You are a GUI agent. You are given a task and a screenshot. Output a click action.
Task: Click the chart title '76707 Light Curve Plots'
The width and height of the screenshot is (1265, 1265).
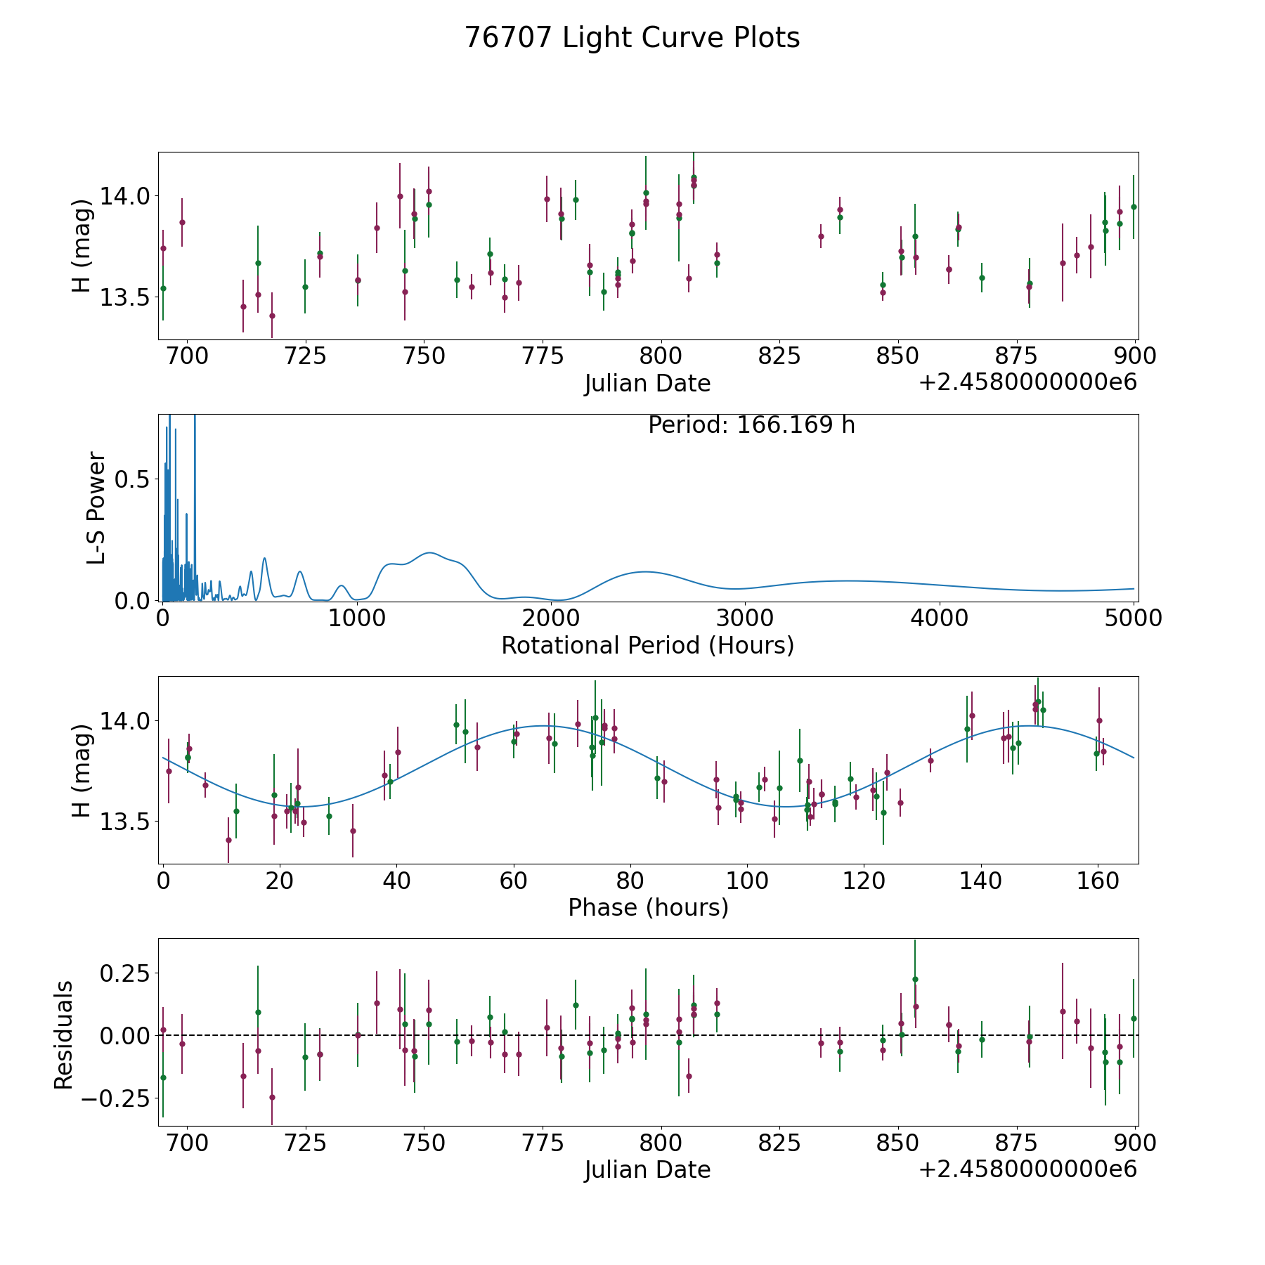[x=632, y=38]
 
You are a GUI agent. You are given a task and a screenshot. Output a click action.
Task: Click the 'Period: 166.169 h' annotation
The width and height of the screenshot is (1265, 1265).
[x=751, y=425]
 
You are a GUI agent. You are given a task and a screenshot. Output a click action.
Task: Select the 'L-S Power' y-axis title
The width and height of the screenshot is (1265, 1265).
[x=96, y=508]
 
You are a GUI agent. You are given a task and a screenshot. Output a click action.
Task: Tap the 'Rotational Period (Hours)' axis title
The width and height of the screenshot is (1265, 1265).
[x=647, y=645]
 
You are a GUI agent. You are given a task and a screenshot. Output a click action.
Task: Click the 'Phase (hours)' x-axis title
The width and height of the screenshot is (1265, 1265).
[x=648, y=908]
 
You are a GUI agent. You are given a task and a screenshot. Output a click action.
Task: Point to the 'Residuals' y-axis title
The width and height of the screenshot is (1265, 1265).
[x=64, y=1035]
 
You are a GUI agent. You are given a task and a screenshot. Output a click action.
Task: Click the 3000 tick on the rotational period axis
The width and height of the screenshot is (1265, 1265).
[x=744, y=618]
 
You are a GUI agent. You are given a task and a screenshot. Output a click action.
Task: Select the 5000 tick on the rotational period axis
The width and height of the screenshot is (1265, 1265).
[x=1133, y=618]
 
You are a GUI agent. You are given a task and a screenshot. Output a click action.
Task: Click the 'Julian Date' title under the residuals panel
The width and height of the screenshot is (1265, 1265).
[x=647, y=1170]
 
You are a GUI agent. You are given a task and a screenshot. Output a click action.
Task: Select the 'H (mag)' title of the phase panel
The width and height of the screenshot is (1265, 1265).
[x=82, y=771]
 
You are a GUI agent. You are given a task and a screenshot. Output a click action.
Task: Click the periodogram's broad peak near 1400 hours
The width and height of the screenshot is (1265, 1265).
[x=429, y=553]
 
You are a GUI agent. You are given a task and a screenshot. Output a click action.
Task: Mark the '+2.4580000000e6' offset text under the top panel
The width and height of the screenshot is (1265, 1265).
[x=1027, y=383]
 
